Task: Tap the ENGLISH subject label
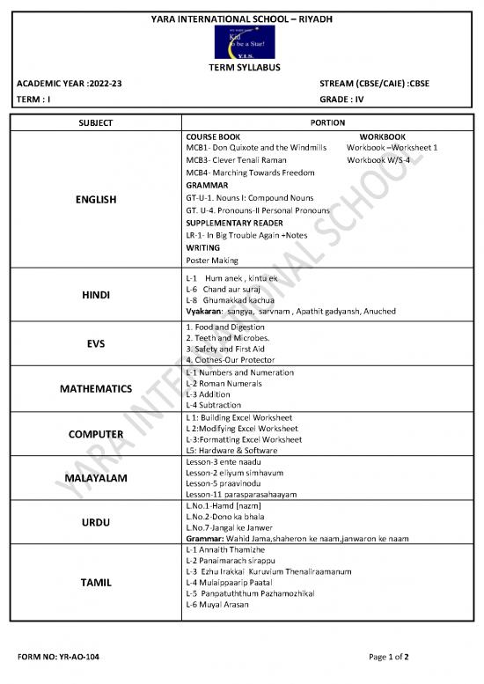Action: [96, 200]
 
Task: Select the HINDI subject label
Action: [96, 294]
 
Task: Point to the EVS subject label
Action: [96, 344]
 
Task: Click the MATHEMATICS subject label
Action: [96, 389]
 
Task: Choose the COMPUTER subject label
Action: [96, 434]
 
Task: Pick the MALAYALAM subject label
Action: [96, 478]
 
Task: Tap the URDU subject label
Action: [96, 522]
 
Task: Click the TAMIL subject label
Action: [96, 583]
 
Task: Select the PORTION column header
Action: [328, 123]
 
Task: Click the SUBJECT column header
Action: [96, 123]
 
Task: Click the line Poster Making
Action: [212, 261]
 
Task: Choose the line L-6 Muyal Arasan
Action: [217, 605]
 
